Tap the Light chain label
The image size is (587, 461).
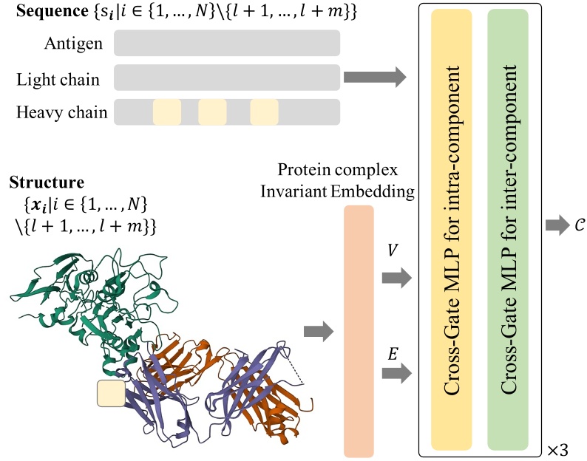pos(58,78)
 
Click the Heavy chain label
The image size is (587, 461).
pos(62,112)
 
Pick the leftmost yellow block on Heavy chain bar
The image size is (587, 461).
pos(166,112)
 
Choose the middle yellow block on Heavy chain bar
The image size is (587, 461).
pos(212,112)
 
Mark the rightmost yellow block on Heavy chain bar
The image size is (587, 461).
pos(264,112)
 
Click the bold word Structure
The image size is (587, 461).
pos(46,182)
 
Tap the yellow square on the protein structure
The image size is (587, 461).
pos(112,395)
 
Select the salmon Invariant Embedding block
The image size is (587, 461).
pos(359,331)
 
